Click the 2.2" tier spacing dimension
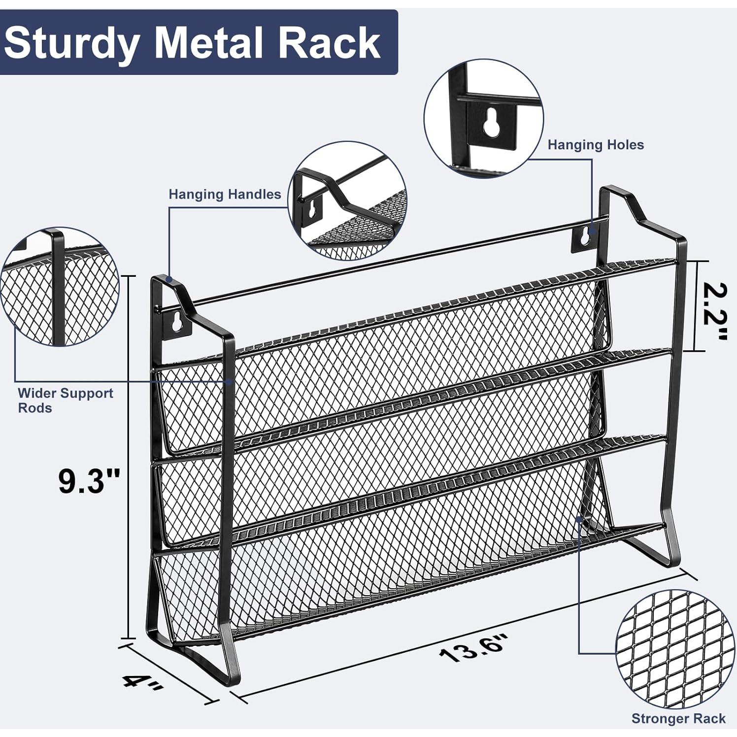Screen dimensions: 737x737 point(714,311)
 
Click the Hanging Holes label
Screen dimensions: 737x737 point(596,145)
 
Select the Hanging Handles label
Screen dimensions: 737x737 point(225,194)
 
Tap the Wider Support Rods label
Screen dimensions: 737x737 point(65,400)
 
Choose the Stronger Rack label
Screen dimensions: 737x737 point(678,718)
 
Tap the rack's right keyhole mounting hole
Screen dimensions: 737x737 point(584,236)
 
